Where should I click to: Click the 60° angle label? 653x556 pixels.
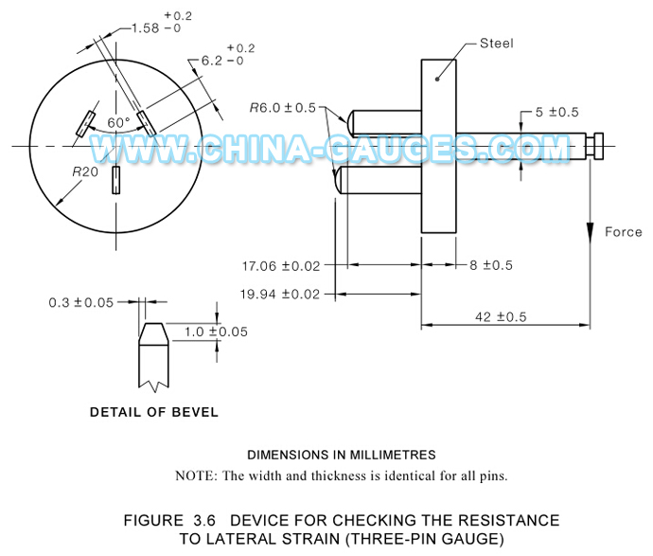118,123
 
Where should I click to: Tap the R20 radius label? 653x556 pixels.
86,173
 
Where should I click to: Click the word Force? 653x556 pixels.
623,232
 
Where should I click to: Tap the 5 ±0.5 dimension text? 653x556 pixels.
557,112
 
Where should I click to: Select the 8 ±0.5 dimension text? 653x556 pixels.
490,265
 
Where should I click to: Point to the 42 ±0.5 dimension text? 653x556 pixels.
503,316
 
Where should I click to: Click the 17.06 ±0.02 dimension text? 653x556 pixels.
280,265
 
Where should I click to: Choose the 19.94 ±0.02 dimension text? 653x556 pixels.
280,294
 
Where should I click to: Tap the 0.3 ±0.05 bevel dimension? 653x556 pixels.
81,303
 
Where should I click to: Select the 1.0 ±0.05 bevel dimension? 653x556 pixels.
215,332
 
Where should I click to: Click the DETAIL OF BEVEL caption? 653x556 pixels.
154,412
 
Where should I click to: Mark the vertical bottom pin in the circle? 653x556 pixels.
115,180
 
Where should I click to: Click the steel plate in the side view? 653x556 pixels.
438,147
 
